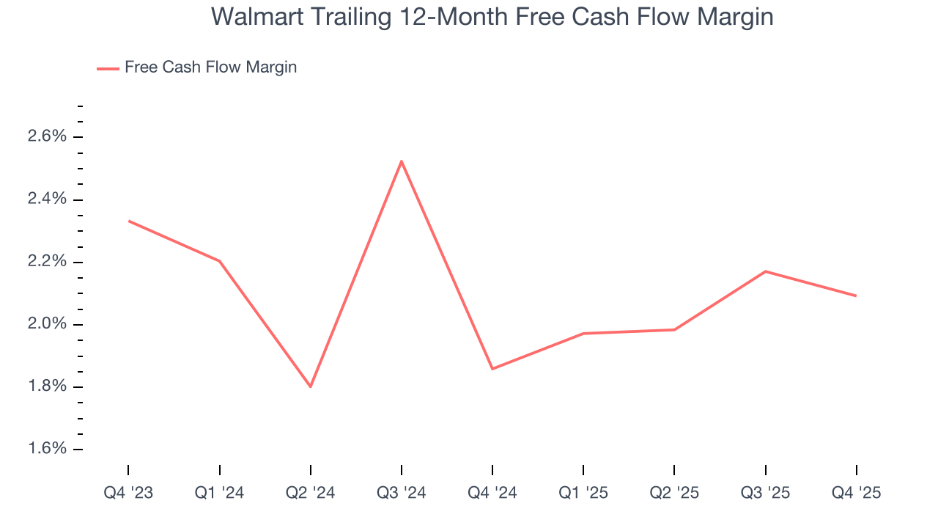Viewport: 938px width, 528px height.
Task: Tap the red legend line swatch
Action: (x=108, y=68)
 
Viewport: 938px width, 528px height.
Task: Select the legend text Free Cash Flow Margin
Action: (x=210, y=67)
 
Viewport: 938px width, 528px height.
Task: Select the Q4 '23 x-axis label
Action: (x=128, y=493)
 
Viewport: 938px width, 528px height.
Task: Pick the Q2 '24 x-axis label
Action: (x=311, y=493)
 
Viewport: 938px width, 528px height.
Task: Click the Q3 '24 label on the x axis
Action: (x=402, y=493)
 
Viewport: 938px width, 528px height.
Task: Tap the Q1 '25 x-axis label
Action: (x=583, y=493)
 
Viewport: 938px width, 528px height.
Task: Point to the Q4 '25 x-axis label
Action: (x=856, y=493)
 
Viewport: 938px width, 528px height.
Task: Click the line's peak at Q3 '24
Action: (x=402, y=161)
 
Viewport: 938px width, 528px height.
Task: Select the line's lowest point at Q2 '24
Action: (x=311, y=386)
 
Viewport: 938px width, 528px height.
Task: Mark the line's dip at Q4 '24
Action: (x=492, y=368)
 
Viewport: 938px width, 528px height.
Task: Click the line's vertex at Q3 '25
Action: (x=765, y=271)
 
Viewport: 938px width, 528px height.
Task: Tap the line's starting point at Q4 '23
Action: (x=129, y=221)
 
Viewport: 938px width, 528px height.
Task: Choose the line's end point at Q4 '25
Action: (x=856, y=296)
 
